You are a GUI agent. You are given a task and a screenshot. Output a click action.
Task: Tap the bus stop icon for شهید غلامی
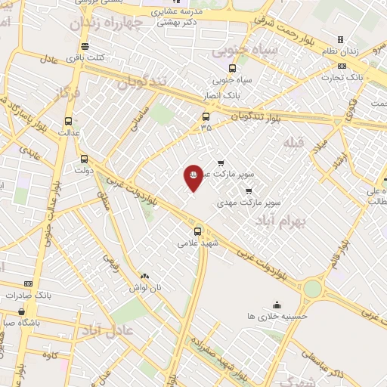pyautogui.click(x=197, y=231)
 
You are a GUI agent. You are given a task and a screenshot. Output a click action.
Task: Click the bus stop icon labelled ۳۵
pyautogui.click(x=206, y=116)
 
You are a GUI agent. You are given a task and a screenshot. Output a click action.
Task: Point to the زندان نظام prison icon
pyautogui.click(x=340, y=39)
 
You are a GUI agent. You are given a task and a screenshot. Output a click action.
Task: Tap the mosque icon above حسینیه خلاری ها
pyautogui.click(x=277, y=305)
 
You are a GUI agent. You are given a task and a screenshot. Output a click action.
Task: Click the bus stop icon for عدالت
pyautogui.click(x=69, y=120)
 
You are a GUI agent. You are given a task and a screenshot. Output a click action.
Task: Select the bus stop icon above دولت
pyautogui.click(x=84, y=159)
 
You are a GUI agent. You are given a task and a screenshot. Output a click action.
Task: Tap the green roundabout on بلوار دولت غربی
pyautogui.click(x=312, y=288)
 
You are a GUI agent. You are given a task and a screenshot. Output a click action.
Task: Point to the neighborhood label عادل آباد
pyautogui.click(x=107, y=330)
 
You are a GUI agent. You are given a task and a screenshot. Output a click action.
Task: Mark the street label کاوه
pyautogui.click(x=51, y=354)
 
